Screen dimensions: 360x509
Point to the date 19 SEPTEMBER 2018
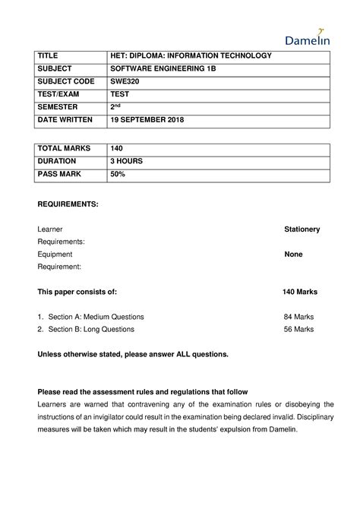coord(147,121)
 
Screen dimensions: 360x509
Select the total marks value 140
coord(116,149)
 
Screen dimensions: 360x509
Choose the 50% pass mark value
coord(118,175)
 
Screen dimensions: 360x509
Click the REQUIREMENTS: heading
coord(68,204)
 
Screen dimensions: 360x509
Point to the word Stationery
coord(302,229)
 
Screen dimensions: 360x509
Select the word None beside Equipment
coord(293,254)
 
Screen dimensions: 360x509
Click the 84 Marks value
coord(298,316)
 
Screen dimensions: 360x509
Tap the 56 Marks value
coord(298,329)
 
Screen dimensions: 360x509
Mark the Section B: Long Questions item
coord(91,329)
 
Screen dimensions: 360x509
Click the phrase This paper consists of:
coord(77,292)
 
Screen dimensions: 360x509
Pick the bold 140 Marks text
coord(299,292)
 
